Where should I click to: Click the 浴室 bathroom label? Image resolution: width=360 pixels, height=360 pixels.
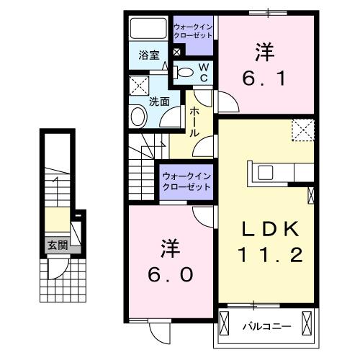pyautogui.click(x=149, y=55)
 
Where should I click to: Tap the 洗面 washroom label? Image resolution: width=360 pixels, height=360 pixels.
pyautogui.click(x=159, y=102)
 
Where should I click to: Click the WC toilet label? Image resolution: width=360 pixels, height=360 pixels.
pyautogui.click(x=203, y=71)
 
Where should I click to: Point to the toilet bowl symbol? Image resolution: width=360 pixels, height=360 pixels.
pyautogui.click(x=185, y=71)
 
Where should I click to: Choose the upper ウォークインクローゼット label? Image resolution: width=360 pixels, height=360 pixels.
pyautogui.click(x=193, y=31)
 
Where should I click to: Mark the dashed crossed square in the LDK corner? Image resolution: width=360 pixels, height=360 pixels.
pyautogui.click(x=303, y=130)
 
